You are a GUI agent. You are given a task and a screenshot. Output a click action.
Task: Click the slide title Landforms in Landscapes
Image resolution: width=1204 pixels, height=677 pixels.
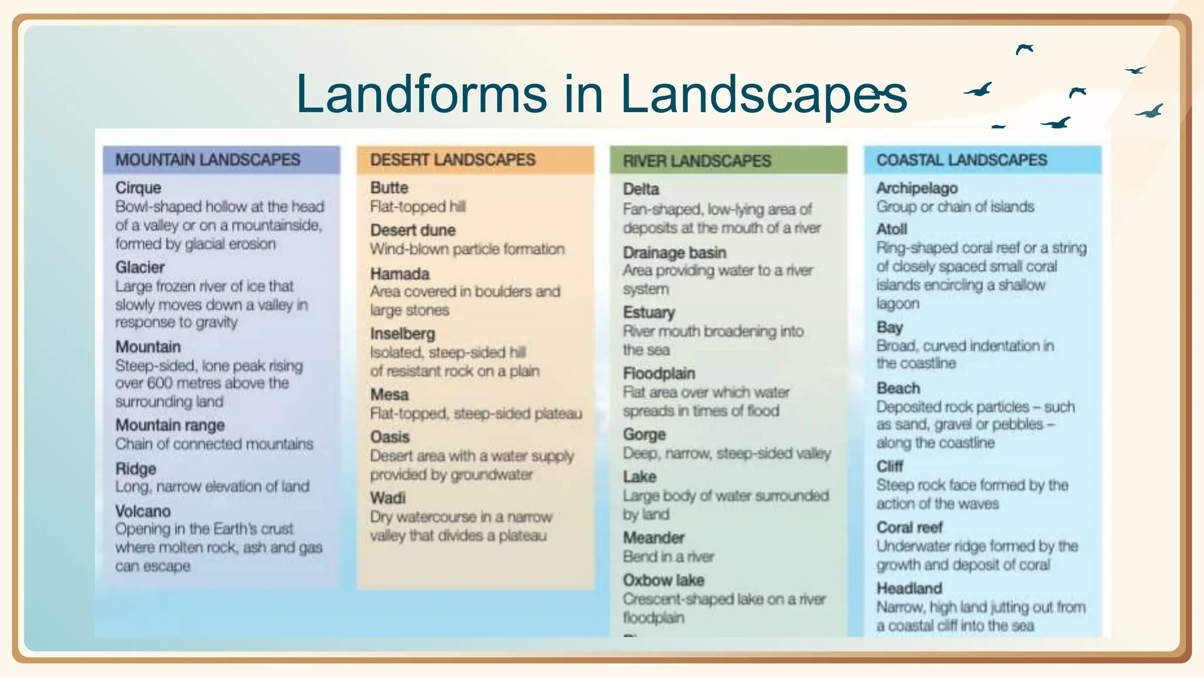coord(601,94)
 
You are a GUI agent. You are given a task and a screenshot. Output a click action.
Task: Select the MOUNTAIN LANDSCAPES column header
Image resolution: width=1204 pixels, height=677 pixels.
coord(208,160)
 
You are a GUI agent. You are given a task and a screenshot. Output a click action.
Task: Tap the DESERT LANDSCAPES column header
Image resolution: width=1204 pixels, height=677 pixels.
coord(453,160)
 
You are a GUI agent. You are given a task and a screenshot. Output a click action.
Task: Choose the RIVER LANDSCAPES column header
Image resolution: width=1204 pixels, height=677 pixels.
coord(697,161)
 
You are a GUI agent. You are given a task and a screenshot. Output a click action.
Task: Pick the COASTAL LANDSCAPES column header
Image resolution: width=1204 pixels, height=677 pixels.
coord(962,160)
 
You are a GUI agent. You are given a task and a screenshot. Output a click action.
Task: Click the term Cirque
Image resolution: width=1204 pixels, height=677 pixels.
coord(138,188)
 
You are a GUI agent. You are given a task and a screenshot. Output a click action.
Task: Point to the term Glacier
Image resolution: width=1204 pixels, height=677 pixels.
coord(140,267)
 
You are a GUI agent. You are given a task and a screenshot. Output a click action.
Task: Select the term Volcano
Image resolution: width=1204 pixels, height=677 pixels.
coord(143,511)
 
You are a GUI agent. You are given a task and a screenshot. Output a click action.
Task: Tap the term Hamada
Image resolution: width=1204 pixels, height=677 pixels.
coord(400,274)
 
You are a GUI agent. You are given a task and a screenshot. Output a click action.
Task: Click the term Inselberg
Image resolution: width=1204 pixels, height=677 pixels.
coord(403,334)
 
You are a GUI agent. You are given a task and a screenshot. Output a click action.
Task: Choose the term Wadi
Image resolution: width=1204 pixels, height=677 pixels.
coord(388,498)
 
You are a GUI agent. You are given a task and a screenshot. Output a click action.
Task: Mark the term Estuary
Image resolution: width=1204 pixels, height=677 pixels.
coord(649,313)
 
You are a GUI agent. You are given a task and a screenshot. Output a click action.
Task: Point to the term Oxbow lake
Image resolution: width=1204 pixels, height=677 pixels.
coord(664,581)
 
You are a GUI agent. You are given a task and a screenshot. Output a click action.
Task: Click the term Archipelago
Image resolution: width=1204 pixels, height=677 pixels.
coord(917,188)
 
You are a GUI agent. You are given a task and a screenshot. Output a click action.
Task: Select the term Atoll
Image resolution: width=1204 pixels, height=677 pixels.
coord(892,229)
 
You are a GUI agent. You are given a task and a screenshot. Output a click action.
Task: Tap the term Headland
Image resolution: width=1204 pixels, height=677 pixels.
coord(909,588)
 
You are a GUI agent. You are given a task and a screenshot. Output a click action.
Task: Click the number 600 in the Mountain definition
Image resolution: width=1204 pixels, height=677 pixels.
coord(160,383)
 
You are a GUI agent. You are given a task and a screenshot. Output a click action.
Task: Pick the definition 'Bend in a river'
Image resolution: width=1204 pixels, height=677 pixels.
coord(668,557)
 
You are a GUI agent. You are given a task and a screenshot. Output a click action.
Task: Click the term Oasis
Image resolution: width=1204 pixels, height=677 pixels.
coord(390,437)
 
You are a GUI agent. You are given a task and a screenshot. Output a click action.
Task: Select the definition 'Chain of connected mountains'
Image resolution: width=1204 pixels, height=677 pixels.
coord(214,444)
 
